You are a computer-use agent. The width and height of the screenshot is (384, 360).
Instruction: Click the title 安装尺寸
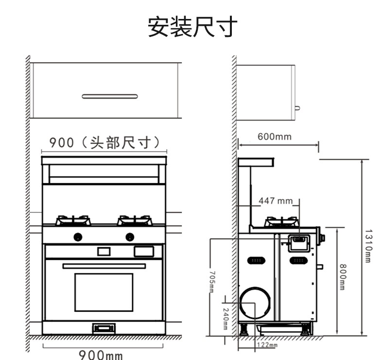(x=192, y=27)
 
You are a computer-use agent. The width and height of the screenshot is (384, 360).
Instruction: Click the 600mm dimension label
(x=275, y=137)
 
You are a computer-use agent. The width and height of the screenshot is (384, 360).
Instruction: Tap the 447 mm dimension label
(x=276, y=201)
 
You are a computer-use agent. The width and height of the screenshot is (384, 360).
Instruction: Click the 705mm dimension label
(x=211, y=281)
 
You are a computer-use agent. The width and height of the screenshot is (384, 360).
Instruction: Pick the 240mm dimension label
(x=225, y=318)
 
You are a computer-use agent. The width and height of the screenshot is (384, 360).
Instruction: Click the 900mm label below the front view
(x=101, y=355)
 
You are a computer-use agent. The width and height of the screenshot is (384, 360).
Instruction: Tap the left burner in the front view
(x=73, y=221)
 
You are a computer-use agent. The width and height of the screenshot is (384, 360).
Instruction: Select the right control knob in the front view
(x=129, y=237)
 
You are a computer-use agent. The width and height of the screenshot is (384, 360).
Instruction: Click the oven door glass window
(x=104, y=292)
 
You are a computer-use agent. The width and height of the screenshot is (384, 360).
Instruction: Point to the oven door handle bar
(x=104, y=266)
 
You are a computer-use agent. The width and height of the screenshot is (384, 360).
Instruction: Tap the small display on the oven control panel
(x=104, y=251)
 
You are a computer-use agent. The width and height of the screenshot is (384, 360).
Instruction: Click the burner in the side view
(x=281, y=222)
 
